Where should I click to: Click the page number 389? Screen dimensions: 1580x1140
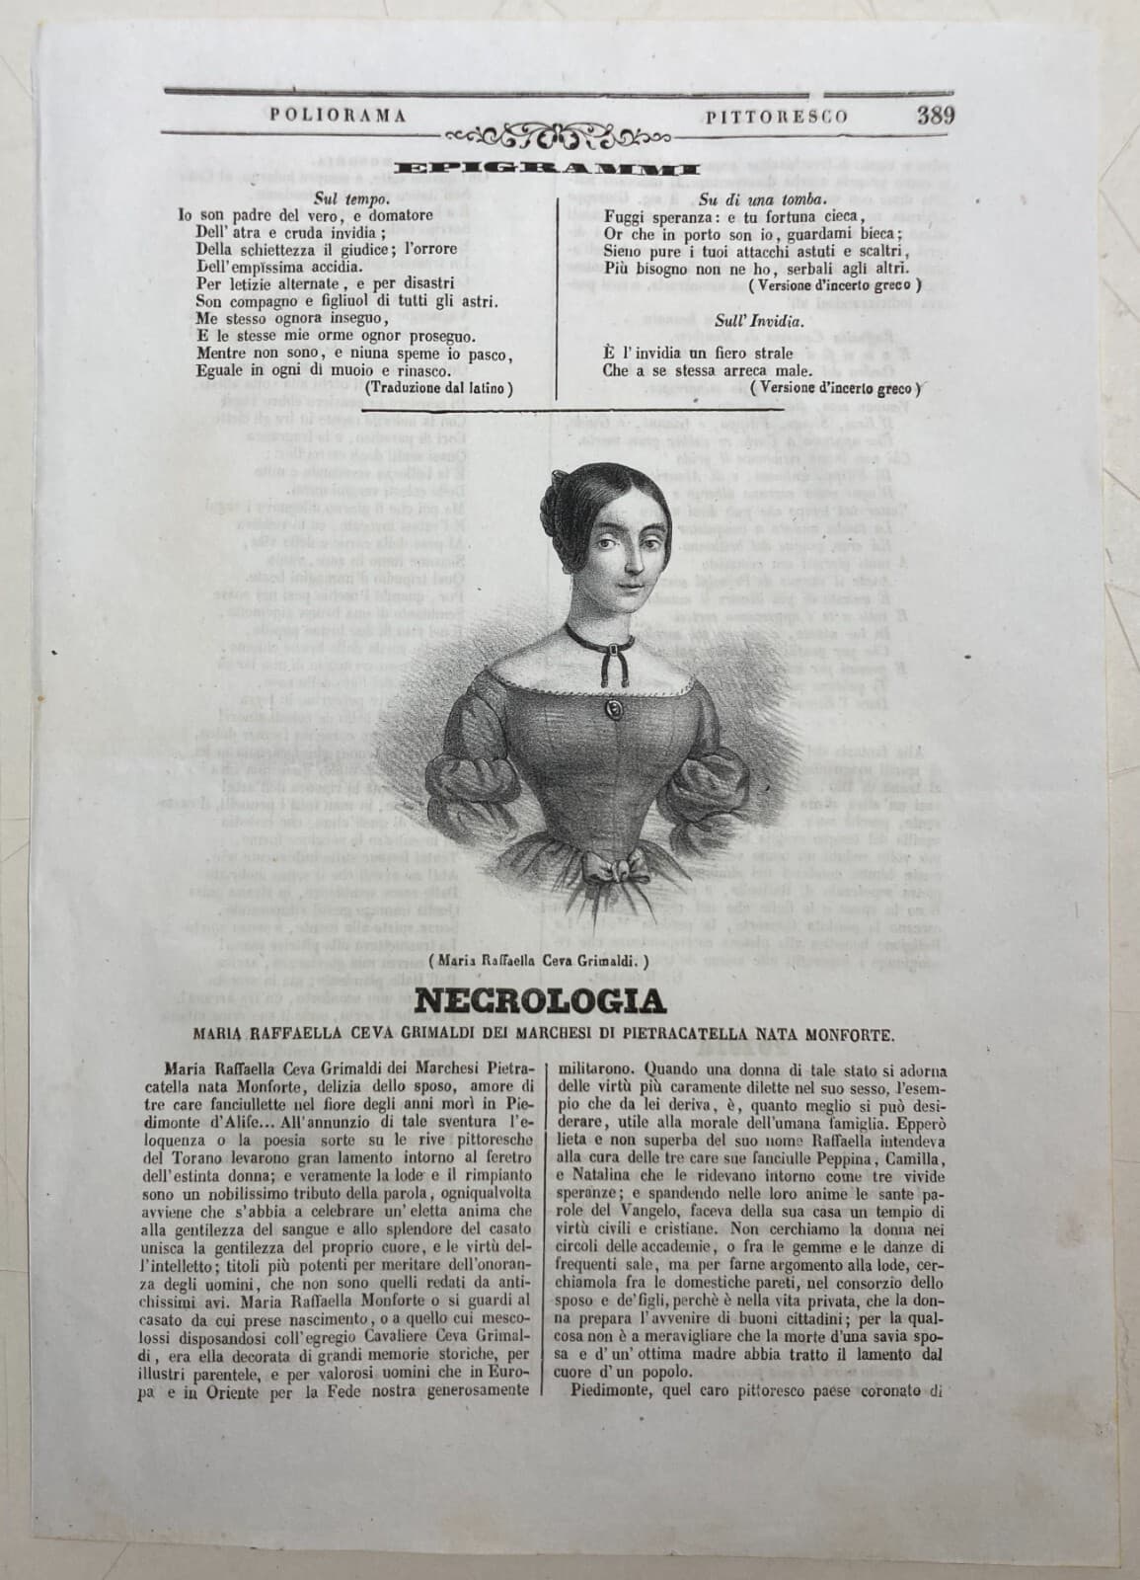coord(933,114)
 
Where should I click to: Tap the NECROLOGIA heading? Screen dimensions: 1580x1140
coord(539,1001)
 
